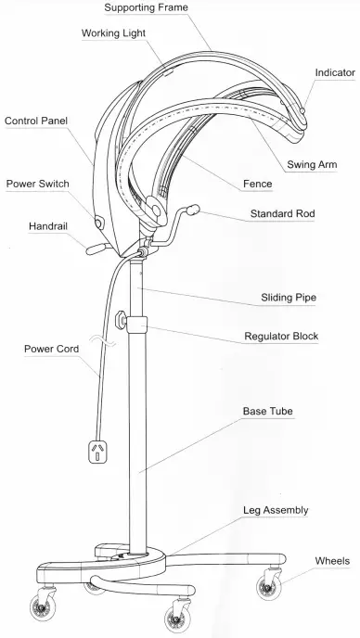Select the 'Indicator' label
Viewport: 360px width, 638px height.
coord(335,71)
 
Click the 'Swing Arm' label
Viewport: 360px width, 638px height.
coord(312,164)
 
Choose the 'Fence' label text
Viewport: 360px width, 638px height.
coord(256,184)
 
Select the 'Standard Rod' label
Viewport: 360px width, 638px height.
coord(282,214)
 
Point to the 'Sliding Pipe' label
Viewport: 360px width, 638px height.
coord(289,298)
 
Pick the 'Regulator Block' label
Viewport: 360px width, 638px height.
coord(282,336)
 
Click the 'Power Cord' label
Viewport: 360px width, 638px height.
coord(51,350)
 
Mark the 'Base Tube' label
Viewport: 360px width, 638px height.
coord(269,410)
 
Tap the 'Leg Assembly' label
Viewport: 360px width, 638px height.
coord(276,510)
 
